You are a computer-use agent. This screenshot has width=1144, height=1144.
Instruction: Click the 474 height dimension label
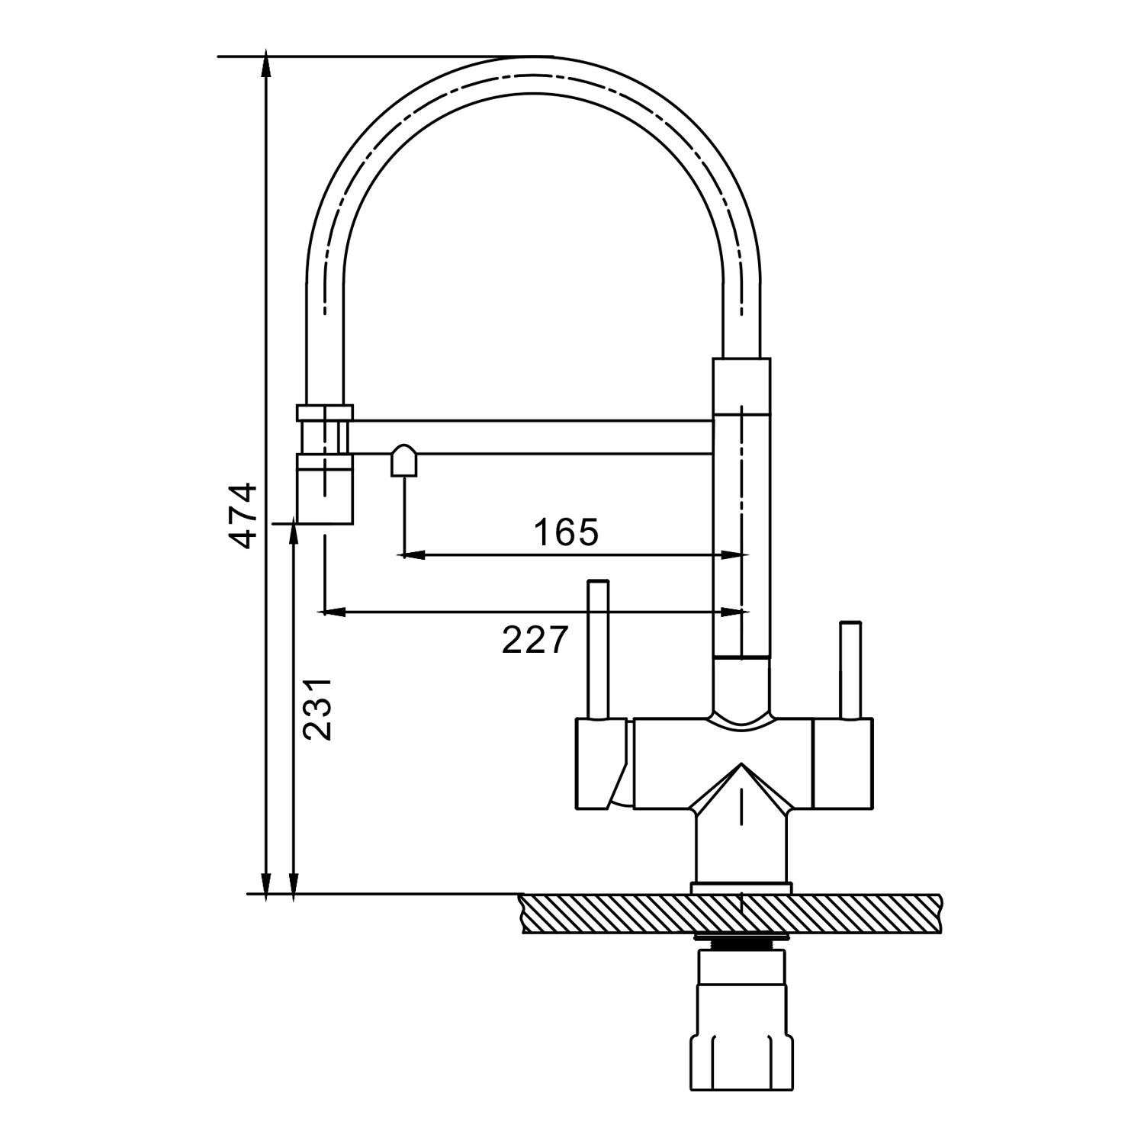pyautogui.click(x=245, y=515)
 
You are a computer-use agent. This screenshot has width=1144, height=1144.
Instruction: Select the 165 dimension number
pyautogui.click(x=566, y=532)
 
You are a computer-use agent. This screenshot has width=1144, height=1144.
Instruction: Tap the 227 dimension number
pyautogui.click(x=535, y=639)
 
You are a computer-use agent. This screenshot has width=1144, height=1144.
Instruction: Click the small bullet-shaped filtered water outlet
pyautogui.click(x=404, y=461)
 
